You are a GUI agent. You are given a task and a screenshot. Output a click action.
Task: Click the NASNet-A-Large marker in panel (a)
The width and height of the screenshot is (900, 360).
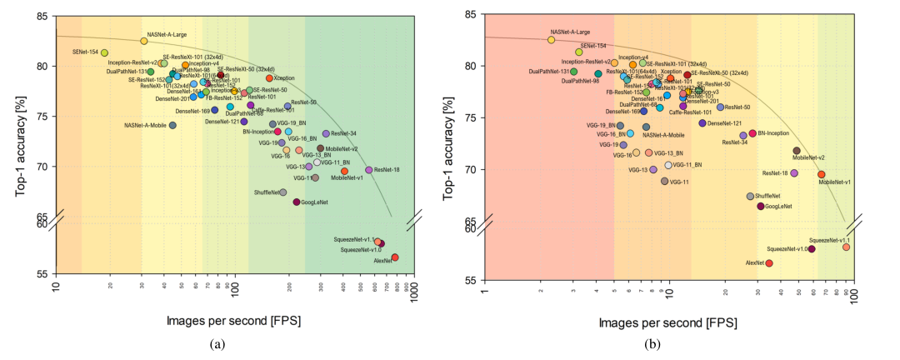pyautogui.click(x=144, y=41)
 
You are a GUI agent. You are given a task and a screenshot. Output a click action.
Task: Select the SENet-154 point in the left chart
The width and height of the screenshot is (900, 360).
pyautogui.click(x=104, y=52)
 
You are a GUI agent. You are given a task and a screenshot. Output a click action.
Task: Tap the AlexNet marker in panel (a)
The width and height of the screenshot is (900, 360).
pyautogui.click(x=395, y=257)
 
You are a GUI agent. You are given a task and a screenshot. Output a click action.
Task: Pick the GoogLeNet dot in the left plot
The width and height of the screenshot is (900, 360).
pyautogui.click(x=296, y=202)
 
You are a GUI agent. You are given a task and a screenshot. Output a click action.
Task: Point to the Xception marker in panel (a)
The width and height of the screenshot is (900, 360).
pyautogui.click(x=269, y=78)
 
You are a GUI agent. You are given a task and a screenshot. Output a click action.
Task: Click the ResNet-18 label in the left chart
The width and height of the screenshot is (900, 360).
pyautogui.click(x=387, y=170)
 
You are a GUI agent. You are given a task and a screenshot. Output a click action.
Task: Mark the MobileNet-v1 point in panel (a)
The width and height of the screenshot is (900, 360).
pyautogui.click(x=344, y=171)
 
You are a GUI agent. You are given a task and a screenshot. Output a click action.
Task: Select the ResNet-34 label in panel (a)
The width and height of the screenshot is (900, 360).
pyautogui.click(x=343, y=133)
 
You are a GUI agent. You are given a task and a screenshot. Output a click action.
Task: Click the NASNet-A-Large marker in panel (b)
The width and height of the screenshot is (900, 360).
pyautogui.click(x=551, y=39)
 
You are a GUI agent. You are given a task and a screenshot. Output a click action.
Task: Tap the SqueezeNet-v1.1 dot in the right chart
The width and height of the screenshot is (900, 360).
pyautogui.click(x=846, y=247)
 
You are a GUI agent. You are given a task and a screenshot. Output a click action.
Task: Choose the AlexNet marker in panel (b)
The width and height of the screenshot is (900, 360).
pyautogui.click(x=769, y=262)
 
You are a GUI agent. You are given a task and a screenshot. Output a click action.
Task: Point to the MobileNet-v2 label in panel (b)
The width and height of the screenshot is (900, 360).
pyautogui.click(x=808, y=157)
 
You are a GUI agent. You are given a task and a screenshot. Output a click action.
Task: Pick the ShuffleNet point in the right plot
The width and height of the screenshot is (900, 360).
pyautogui.click(x=750, y=196)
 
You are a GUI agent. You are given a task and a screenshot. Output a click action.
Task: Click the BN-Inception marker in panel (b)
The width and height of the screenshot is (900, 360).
pyautogui.click(x=752, y=133)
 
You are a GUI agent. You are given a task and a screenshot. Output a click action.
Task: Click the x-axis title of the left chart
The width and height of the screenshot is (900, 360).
pyautogui.click(x=235, y=320)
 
